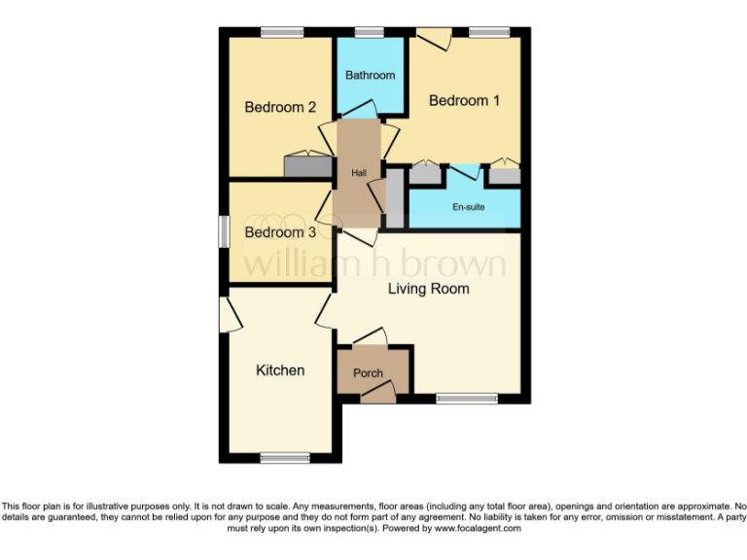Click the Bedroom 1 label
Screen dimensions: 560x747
(465, 100)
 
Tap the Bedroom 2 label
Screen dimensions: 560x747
(280, 107)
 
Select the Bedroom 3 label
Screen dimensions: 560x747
(280, 232)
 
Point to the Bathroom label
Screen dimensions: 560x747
(371, 75)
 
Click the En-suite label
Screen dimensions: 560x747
(469, 207)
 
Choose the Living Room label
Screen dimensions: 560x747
(428, 289)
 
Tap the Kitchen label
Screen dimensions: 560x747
(280, 370)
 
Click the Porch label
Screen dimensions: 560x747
(368, 373)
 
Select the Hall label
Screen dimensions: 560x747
(359, 172)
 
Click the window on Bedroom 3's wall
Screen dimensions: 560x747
(223, 231)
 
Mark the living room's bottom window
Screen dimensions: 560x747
(466, 398)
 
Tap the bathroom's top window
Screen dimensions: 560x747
(369, 32)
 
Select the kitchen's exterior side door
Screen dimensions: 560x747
(230, 314)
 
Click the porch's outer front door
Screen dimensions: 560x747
(377, 393)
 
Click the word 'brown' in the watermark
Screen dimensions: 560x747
(447, 263)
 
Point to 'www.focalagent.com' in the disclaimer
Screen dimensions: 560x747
(478, 529)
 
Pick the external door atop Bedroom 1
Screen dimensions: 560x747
(432, 38)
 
